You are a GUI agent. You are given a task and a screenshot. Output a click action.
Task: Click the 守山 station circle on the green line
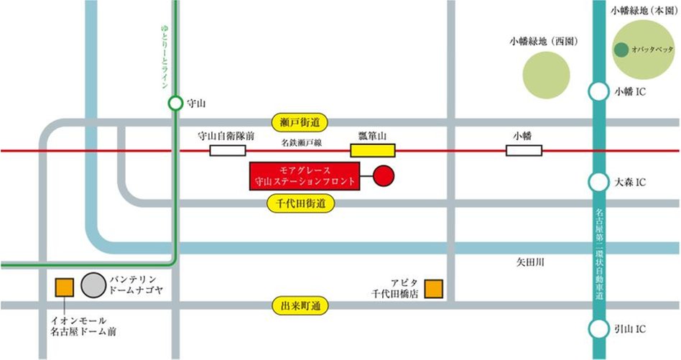(175, 103)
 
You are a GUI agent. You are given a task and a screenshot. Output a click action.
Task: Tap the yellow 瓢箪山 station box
(372, 150)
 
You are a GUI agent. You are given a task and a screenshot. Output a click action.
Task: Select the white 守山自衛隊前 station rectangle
(227, 150)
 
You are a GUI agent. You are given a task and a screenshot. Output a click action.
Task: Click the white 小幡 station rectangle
(524, 150)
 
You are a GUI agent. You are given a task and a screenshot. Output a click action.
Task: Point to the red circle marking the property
(384, 176)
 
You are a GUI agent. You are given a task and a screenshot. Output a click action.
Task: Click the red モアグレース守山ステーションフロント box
(302, 176)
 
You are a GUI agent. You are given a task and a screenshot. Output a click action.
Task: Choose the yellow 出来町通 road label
(300, 305)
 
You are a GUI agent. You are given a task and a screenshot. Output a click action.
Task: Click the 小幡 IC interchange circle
(598, 92)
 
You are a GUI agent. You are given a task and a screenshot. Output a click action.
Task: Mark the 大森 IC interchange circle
(598, 182)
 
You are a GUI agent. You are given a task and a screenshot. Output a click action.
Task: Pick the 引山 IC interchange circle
(598, 328)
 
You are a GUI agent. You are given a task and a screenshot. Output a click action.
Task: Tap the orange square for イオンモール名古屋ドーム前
(65, 287)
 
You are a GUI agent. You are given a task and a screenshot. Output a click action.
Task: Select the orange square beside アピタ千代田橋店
(433, 288)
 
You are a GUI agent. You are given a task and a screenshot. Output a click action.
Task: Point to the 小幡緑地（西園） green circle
(546, 75)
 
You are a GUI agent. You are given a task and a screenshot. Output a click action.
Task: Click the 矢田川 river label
(530, 263)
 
